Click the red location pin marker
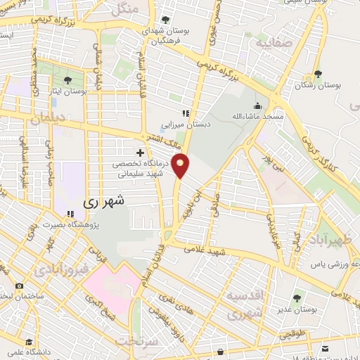181,165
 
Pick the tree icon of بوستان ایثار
67,80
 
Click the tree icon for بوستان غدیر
295,297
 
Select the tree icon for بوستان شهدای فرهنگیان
165,20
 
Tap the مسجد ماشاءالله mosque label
259,115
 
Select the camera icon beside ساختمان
19,286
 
